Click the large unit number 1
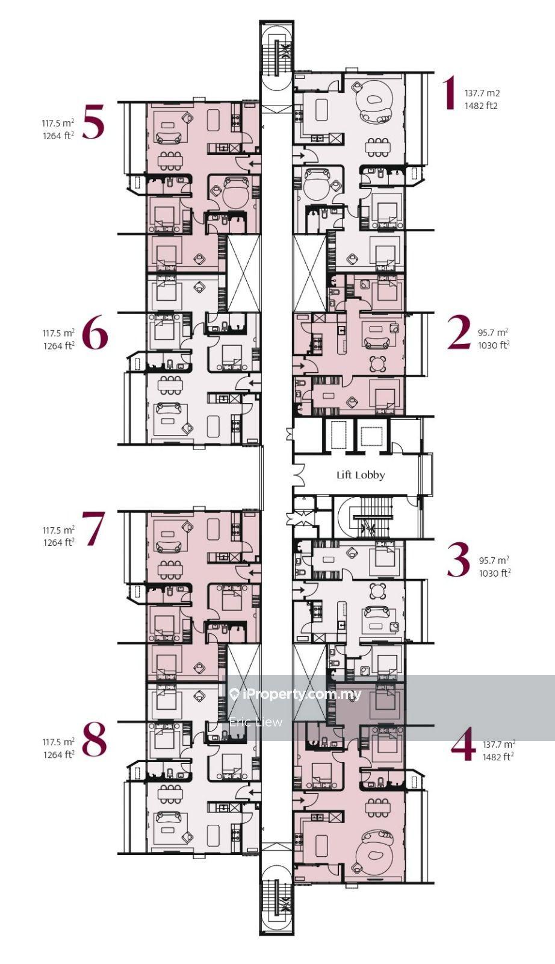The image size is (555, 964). pyautogui.click(x=450, y=93)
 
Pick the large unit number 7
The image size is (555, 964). pyautogui.click(x=93, y=528)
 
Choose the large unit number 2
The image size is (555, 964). pyautogui.click(x=459, y=332)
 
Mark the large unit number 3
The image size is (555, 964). pyautogui.click(x=459, y=560)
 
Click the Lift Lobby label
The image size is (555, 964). pyautogui.click(x=360, y=475)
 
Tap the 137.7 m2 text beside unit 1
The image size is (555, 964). pyautogui.click(x=482, y=93)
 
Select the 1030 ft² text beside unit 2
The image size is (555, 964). pyautogui.click(x=494, y=345)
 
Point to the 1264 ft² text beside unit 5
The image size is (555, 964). pyautogui.click(x=58, y=137)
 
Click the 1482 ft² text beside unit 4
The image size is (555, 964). pyautogui.click(x=498, y=757)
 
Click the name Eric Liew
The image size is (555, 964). pyautogui.click(x=256, y=722)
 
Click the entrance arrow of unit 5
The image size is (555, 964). pyautogui.click(x=255, y=163)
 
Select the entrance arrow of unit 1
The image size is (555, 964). pyautogui.click(x=300, y=155)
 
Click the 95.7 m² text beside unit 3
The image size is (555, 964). pyautogui.click(x=494, y=560)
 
